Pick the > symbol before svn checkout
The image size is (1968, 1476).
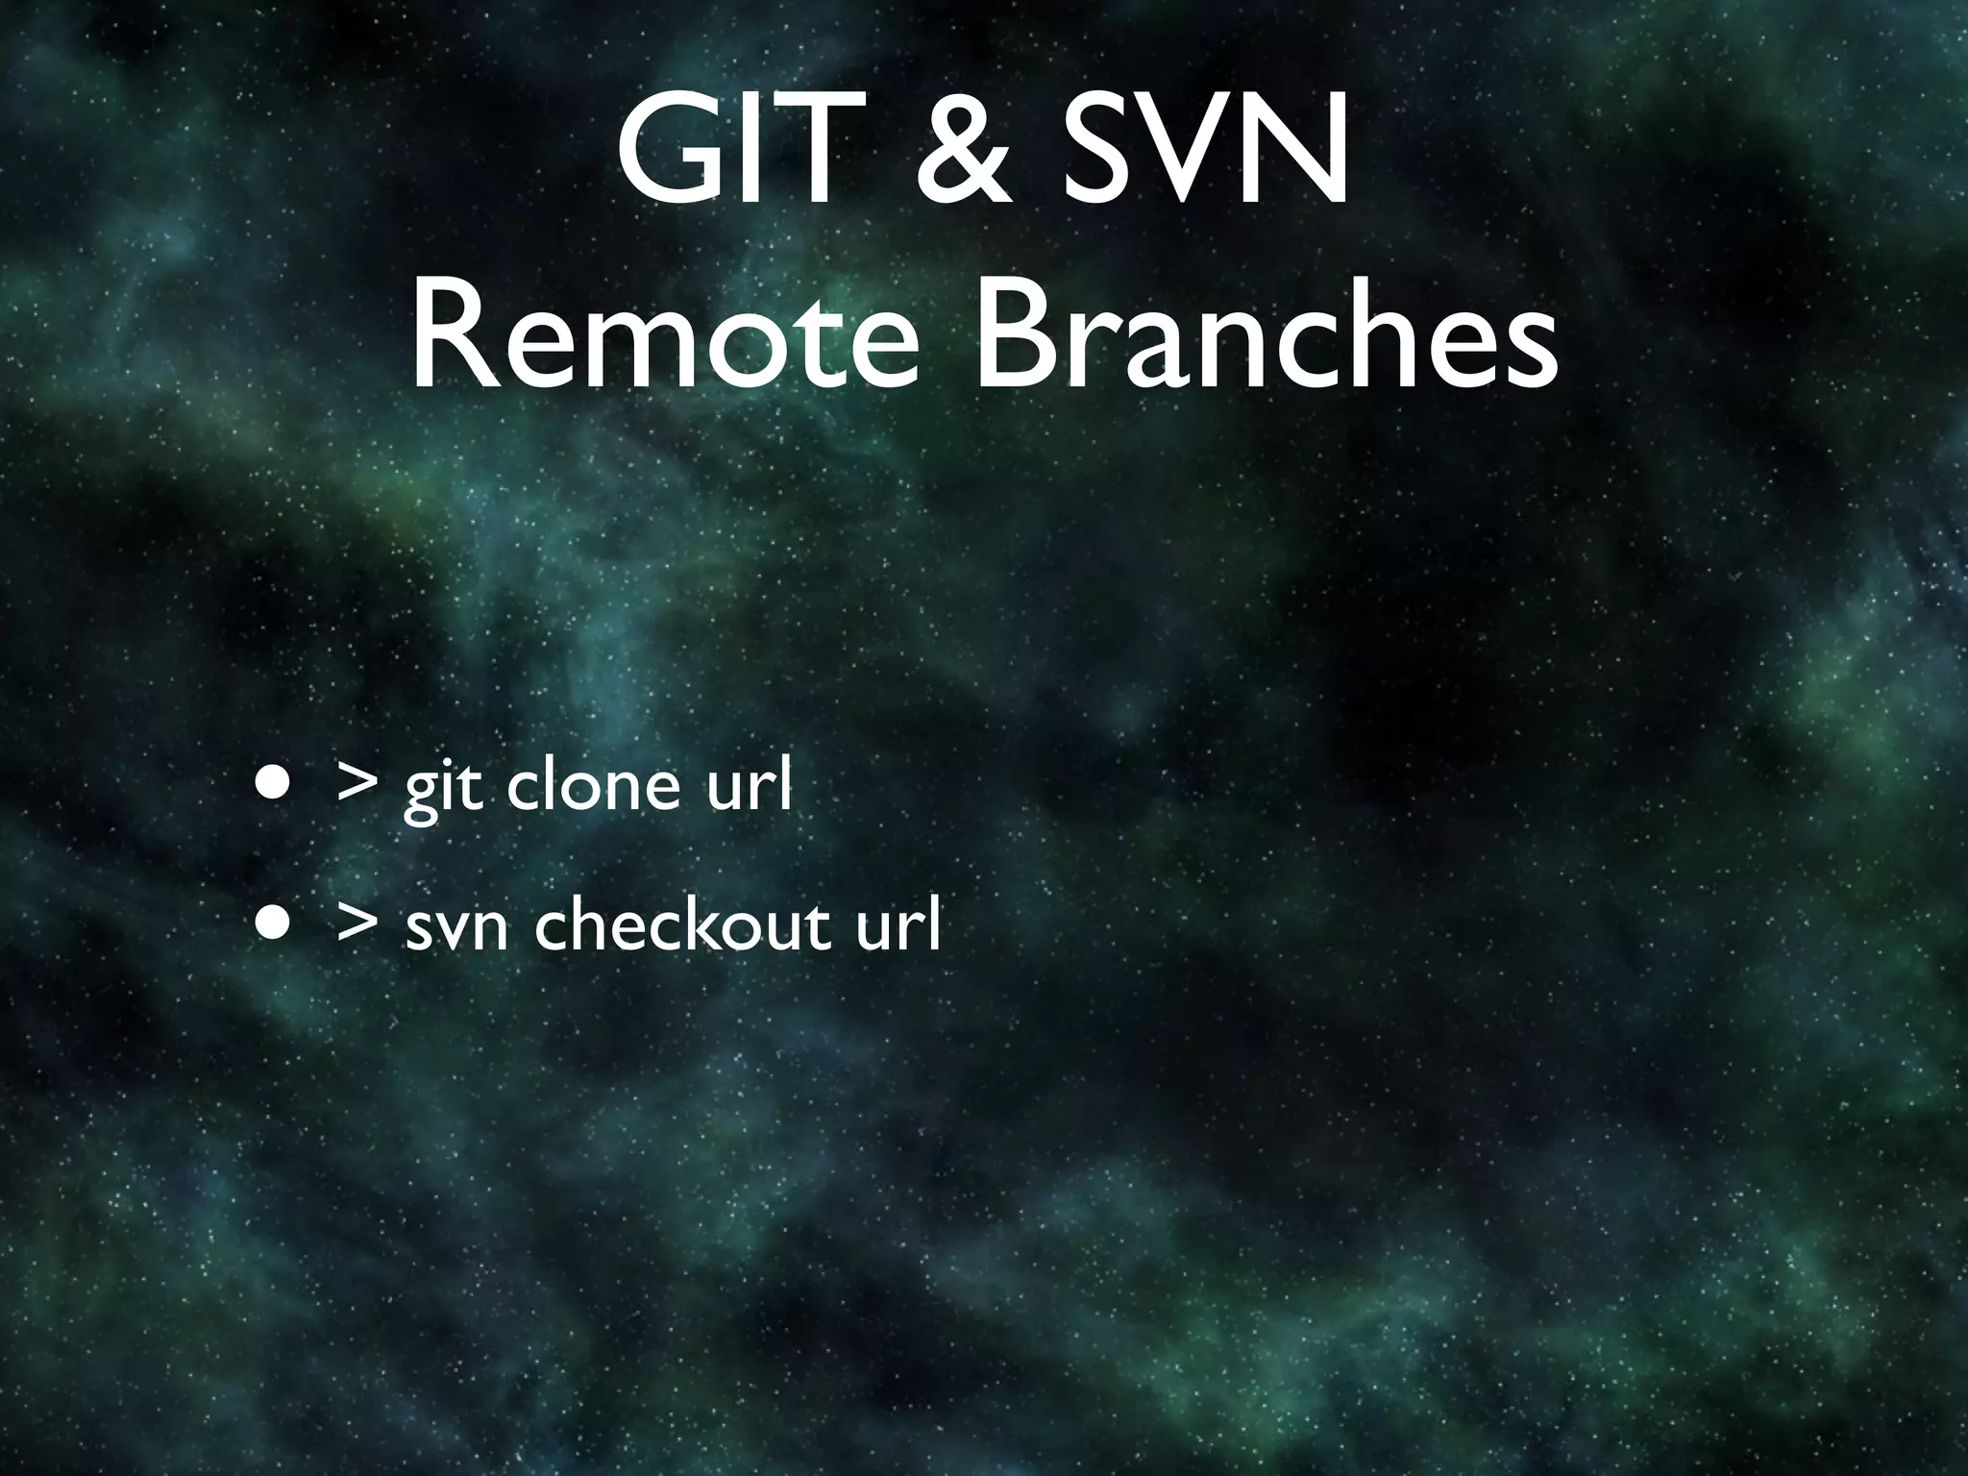(357, 922)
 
